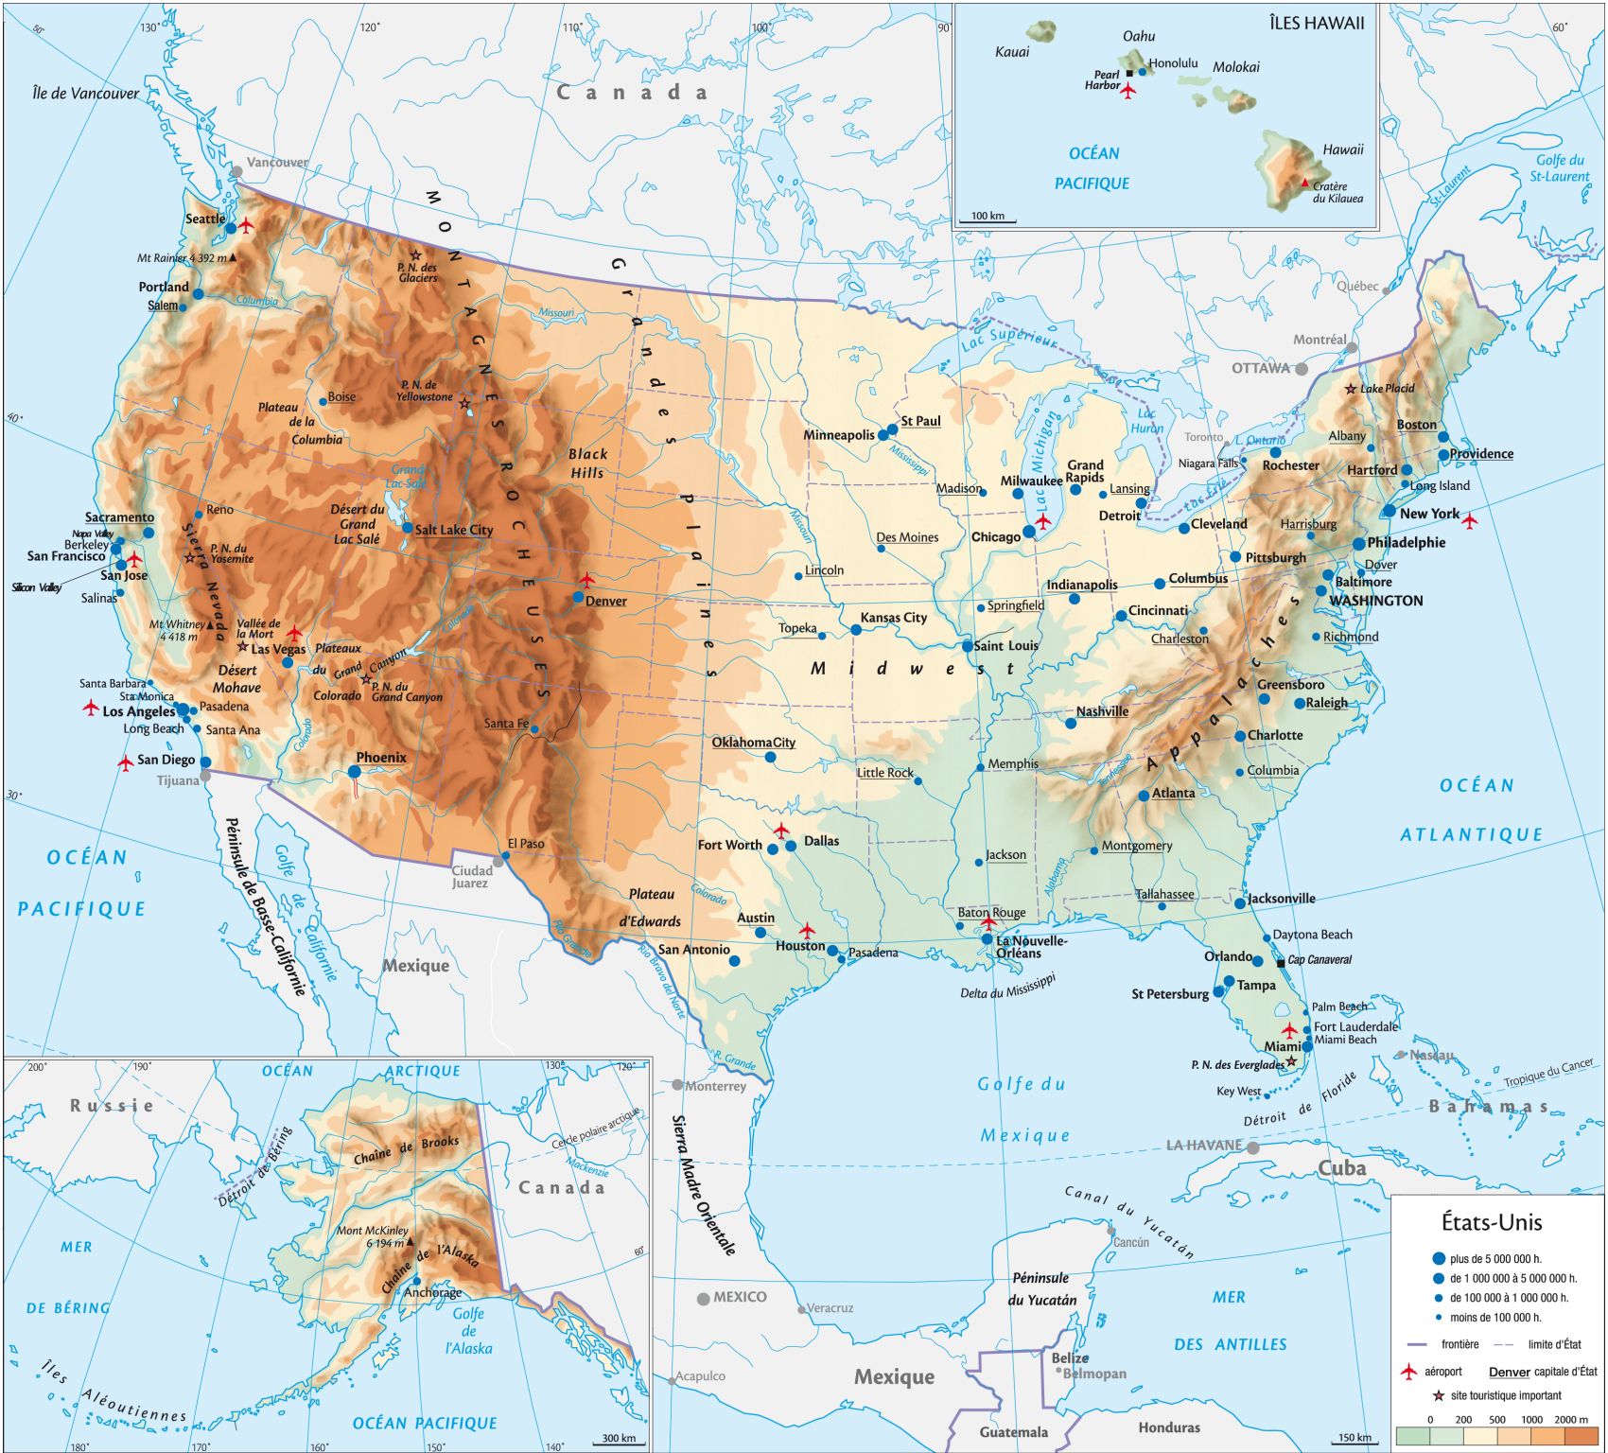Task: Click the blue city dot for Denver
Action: pos(578,597)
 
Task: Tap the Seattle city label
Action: pos(204,219)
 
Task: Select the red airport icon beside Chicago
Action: pos(1042,521)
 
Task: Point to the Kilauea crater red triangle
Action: pos(1305,183)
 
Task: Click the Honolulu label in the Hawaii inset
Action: pos(1173,63)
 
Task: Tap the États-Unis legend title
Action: pos(1491,1222)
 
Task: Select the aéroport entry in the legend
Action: pos(1442,1372)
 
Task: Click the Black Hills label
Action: pos(587,463)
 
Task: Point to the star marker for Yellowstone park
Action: pos(464,404)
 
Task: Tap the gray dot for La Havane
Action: pos(1252,1147)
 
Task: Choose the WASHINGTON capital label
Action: pos(1375,601)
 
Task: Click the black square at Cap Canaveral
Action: pos(1281,963)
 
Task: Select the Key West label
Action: pos(1237,1091)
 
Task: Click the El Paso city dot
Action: pos(505,855)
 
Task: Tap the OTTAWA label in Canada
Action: pos(1260,368)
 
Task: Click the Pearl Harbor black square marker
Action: pos(1129,73)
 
